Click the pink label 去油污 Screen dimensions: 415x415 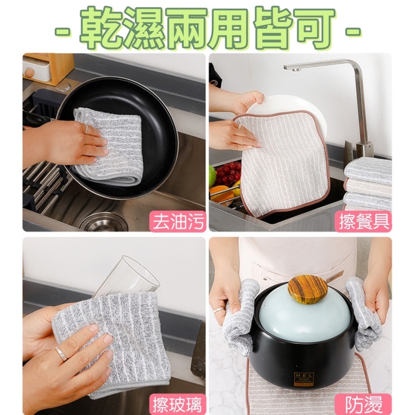178,221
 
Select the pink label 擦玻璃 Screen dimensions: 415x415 178,404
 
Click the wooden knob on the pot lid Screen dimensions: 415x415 308,289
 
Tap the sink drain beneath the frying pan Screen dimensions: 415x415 103,222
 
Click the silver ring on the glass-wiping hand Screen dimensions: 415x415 60,353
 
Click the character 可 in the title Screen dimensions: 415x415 313,28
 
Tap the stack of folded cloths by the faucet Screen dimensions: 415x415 368,183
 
